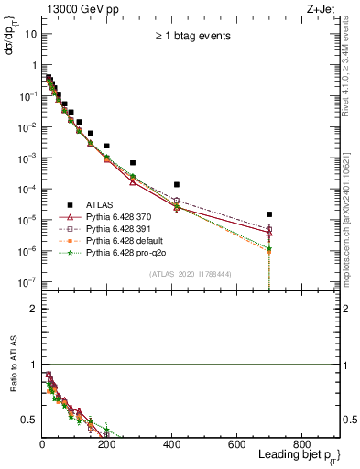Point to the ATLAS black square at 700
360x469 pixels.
tap(269, 214)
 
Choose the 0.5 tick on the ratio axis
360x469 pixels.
tap(30, 420)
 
